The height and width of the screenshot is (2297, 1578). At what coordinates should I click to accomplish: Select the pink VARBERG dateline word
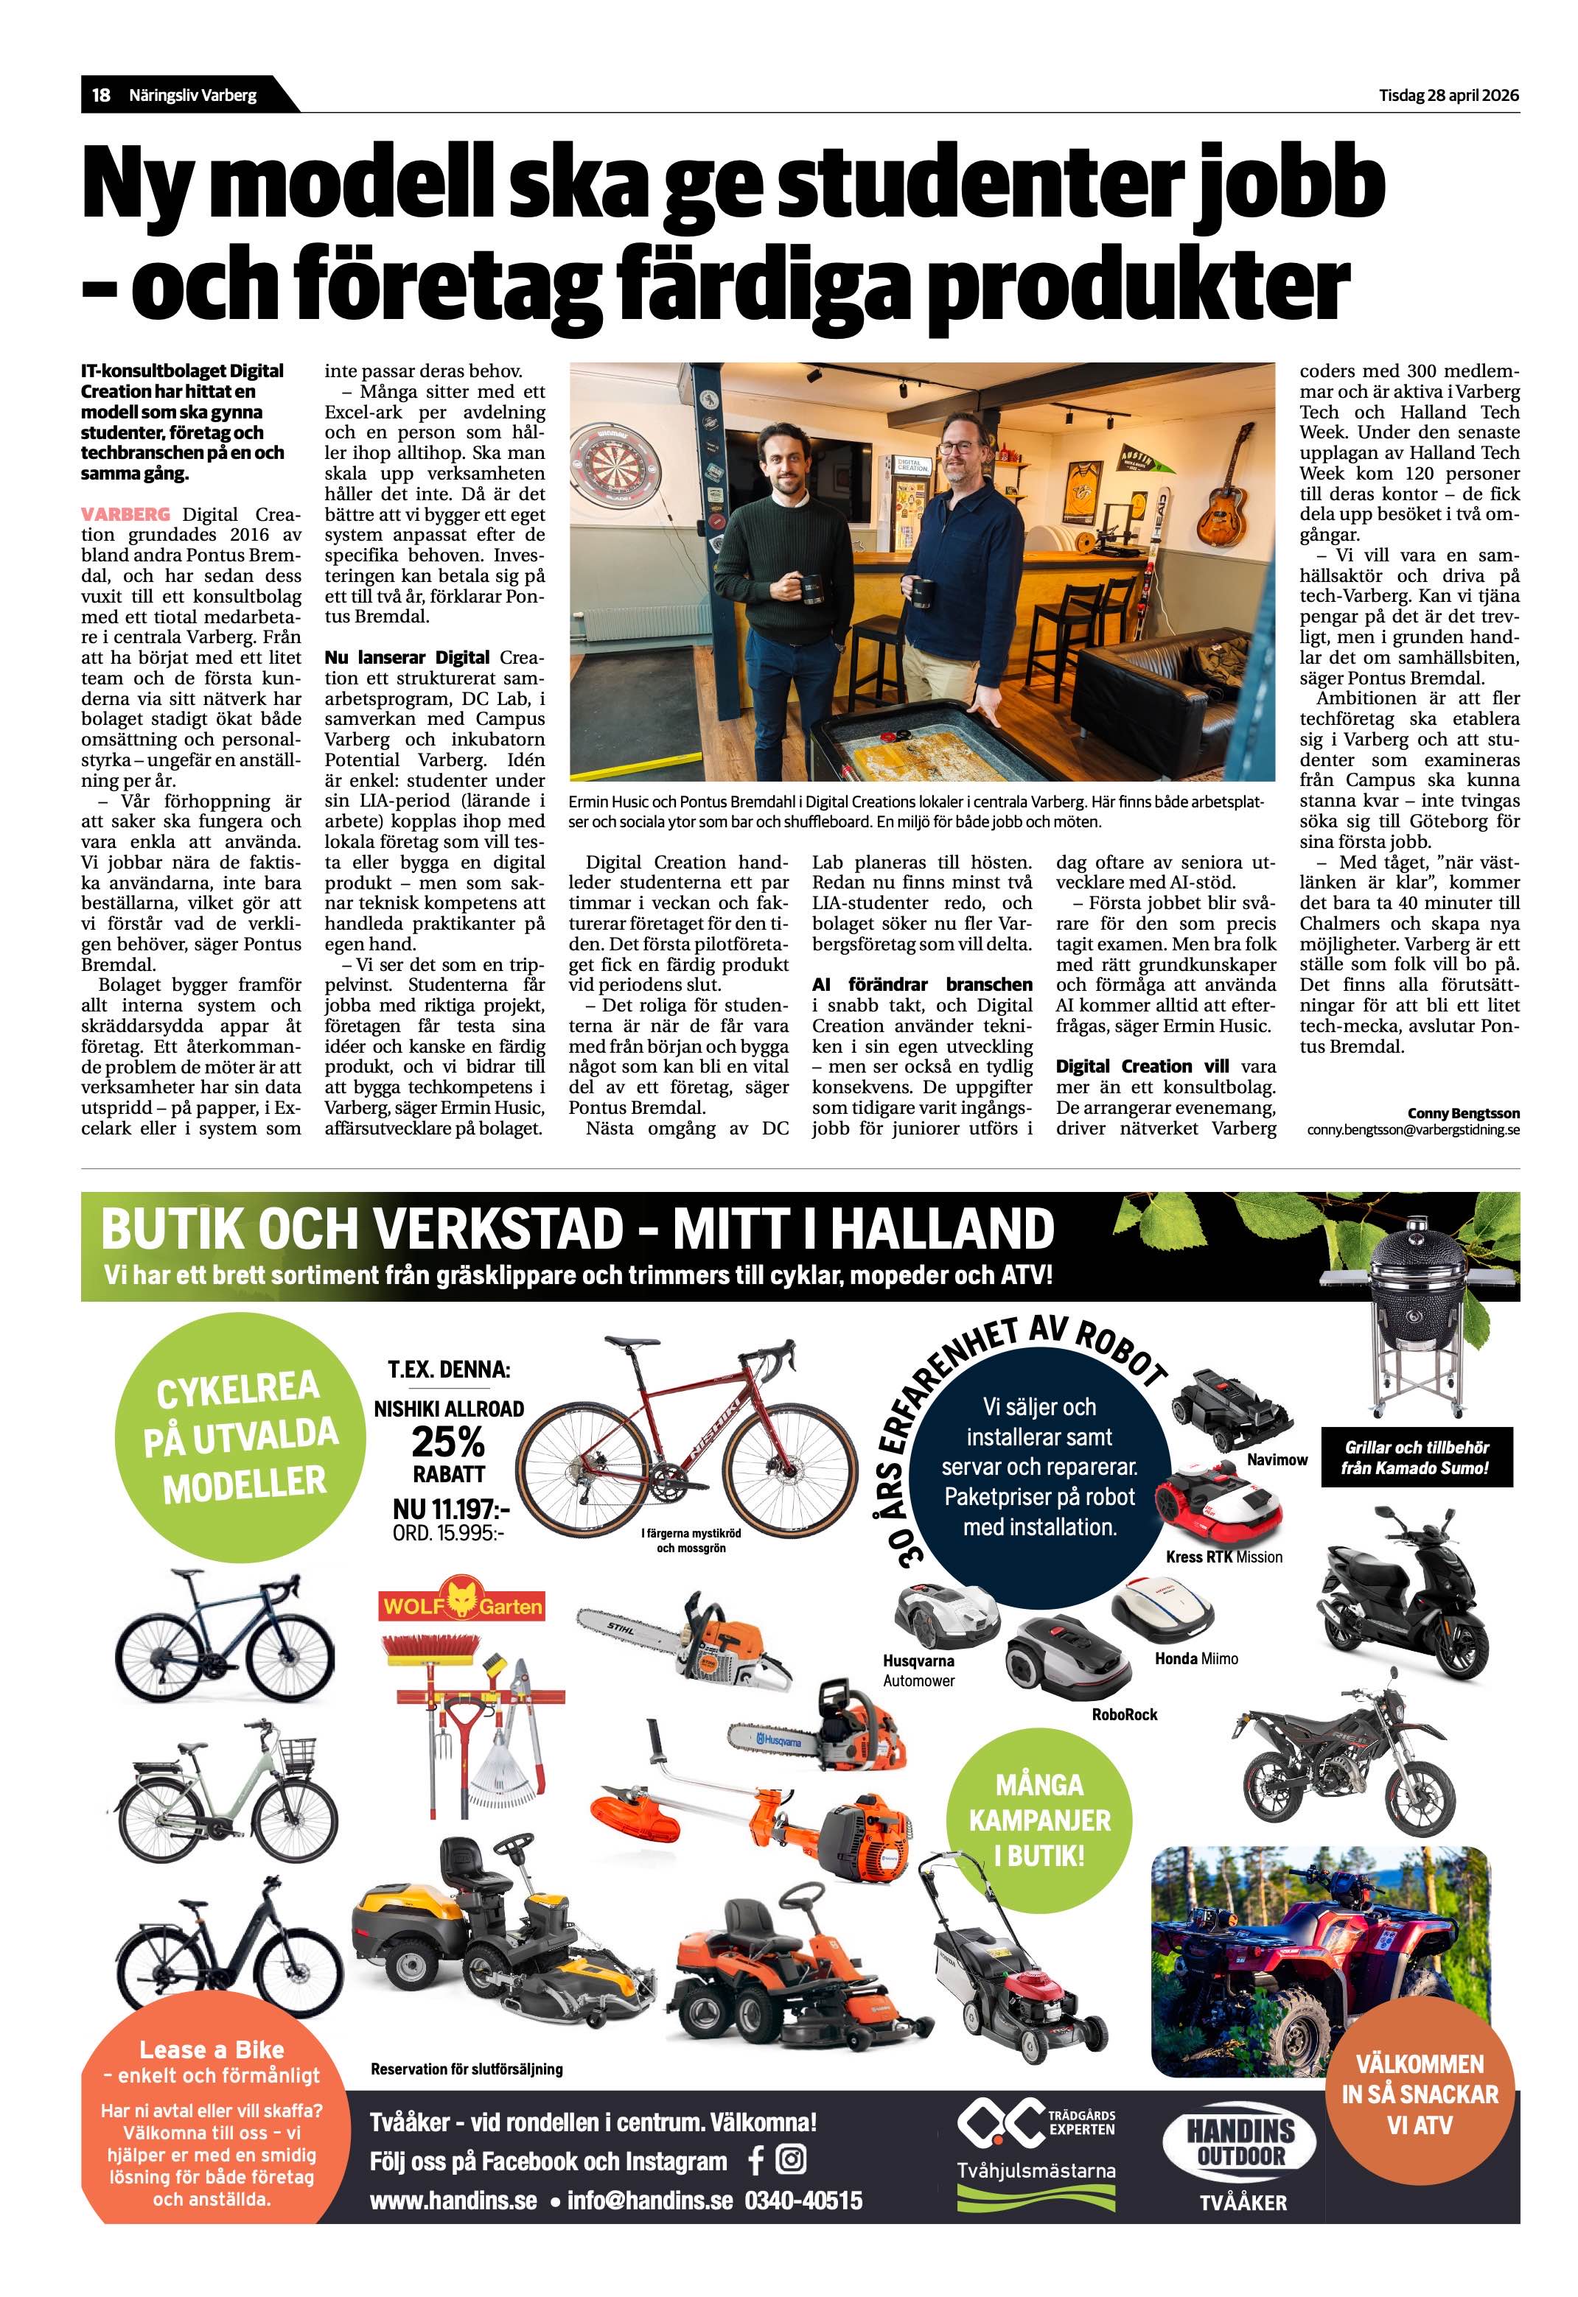[x=125, y=514]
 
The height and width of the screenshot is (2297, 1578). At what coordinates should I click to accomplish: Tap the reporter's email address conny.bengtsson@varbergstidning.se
[x=1413, y=1129]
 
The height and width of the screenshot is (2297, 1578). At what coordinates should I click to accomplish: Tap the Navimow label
[x=1277, y=1460]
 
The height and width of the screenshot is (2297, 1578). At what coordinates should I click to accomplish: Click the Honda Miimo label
[x=1195, y=1658]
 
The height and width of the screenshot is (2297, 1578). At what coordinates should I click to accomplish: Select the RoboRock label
[x=1124, y=1715]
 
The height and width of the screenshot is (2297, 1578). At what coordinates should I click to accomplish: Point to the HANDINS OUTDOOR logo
[x=1241, y=2145]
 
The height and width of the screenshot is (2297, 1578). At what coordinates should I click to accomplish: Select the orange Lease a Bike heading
[x=212, y=2050]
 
